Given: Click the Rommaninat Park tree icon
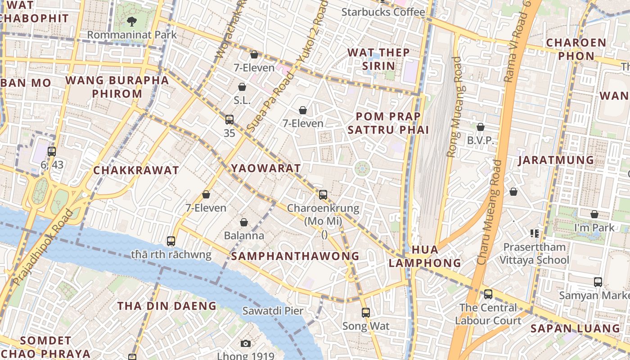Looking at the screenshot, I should click(x=131, y=21).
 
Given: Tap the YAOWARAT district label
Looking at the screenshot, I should click(x=265, y=168).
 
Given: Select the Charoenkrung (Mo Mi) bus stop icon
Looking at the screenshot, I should click(x=323, y=195).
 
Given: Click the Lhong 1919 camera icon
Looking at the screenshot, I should click(x=245, y=344).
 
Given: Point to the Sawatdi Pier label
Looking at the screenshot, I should click(x=273, y=310).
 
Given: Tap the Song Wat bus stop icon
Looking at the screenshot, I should click(x=366, y=312).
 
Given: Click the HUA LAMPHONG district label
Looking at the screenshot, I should click(x=425, y=256).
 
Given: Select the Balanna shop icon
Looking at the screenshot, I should click(x=244, y=222).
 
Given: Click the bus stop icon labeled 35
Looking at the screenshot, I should click(x=229, y=120).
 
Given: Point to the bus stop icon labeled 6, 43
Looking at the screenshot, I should click(x=52, y=152).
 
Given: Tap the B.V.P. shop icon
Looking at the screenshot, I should click(x=481, y=127).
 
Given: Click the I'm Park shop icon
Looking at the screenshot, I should click(x=594, y=214).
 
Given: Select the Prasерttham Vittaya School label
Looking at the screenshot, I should click(x=534, y=253).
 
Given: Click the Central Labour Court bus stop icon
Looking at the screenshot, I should click(x=488, y=295).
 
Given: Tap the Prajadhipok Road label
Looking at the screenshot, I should click(x=43, y=247).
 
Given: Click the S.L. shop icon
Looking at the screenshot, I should click(x=242, y=87).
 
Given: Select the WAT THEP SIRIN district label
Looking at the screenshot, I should click(x=378, y=59).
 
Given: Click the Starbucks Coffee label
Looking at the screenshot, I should click(x=383, y=12).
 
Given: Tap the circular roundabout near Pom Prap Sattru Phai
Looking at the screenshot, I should click(x=362, y=169).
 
